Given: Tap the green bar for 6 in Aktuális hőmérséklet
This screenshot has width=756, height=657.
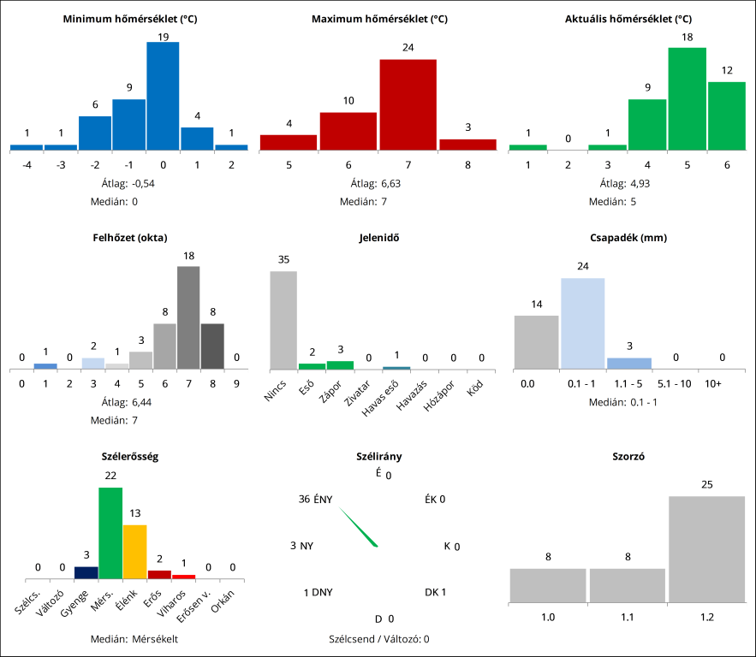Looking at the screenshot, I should pos(726,115).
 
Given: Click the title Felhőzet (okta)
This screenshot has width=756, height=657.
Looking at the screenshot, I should pos(130,238).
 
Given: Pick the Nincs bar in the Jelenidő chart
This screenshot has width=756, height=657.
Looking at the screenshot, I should pos(283,320).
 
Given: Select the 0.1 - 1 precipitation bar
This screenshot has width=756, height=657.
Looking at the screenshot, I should pos(583,323).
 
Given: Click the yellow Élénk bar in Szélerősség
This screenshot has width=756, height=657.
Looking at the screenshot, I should pos(135,552).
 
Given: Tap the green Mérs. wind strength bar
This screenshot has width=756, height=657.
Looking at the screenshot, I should pos(110,533).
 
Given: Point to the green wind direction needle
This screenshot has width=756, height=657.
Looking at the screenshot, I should pos(359,526).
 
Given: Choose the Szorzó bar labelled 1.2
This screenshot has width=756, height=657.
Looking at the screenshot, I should pos(707,548).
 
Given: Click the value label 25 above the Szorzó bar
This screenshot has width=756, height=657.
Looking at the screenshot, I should pos(707,485).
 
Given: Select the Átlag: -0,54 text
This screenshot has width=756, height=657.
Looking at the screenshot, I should pos(130,183).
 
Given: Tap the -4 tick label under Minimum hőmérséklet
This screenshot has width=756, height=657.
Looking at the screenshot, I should pos(27,164).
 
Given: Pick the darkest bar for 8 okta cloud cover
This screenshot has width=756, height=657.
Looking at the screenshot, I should pos(212,346).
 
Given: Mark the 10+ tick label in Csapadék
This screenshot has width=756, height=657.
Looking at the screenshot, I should pos(713,384).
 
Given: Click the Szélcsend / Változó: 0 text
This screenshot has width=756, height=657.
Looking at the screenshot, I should pos(378,638).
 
